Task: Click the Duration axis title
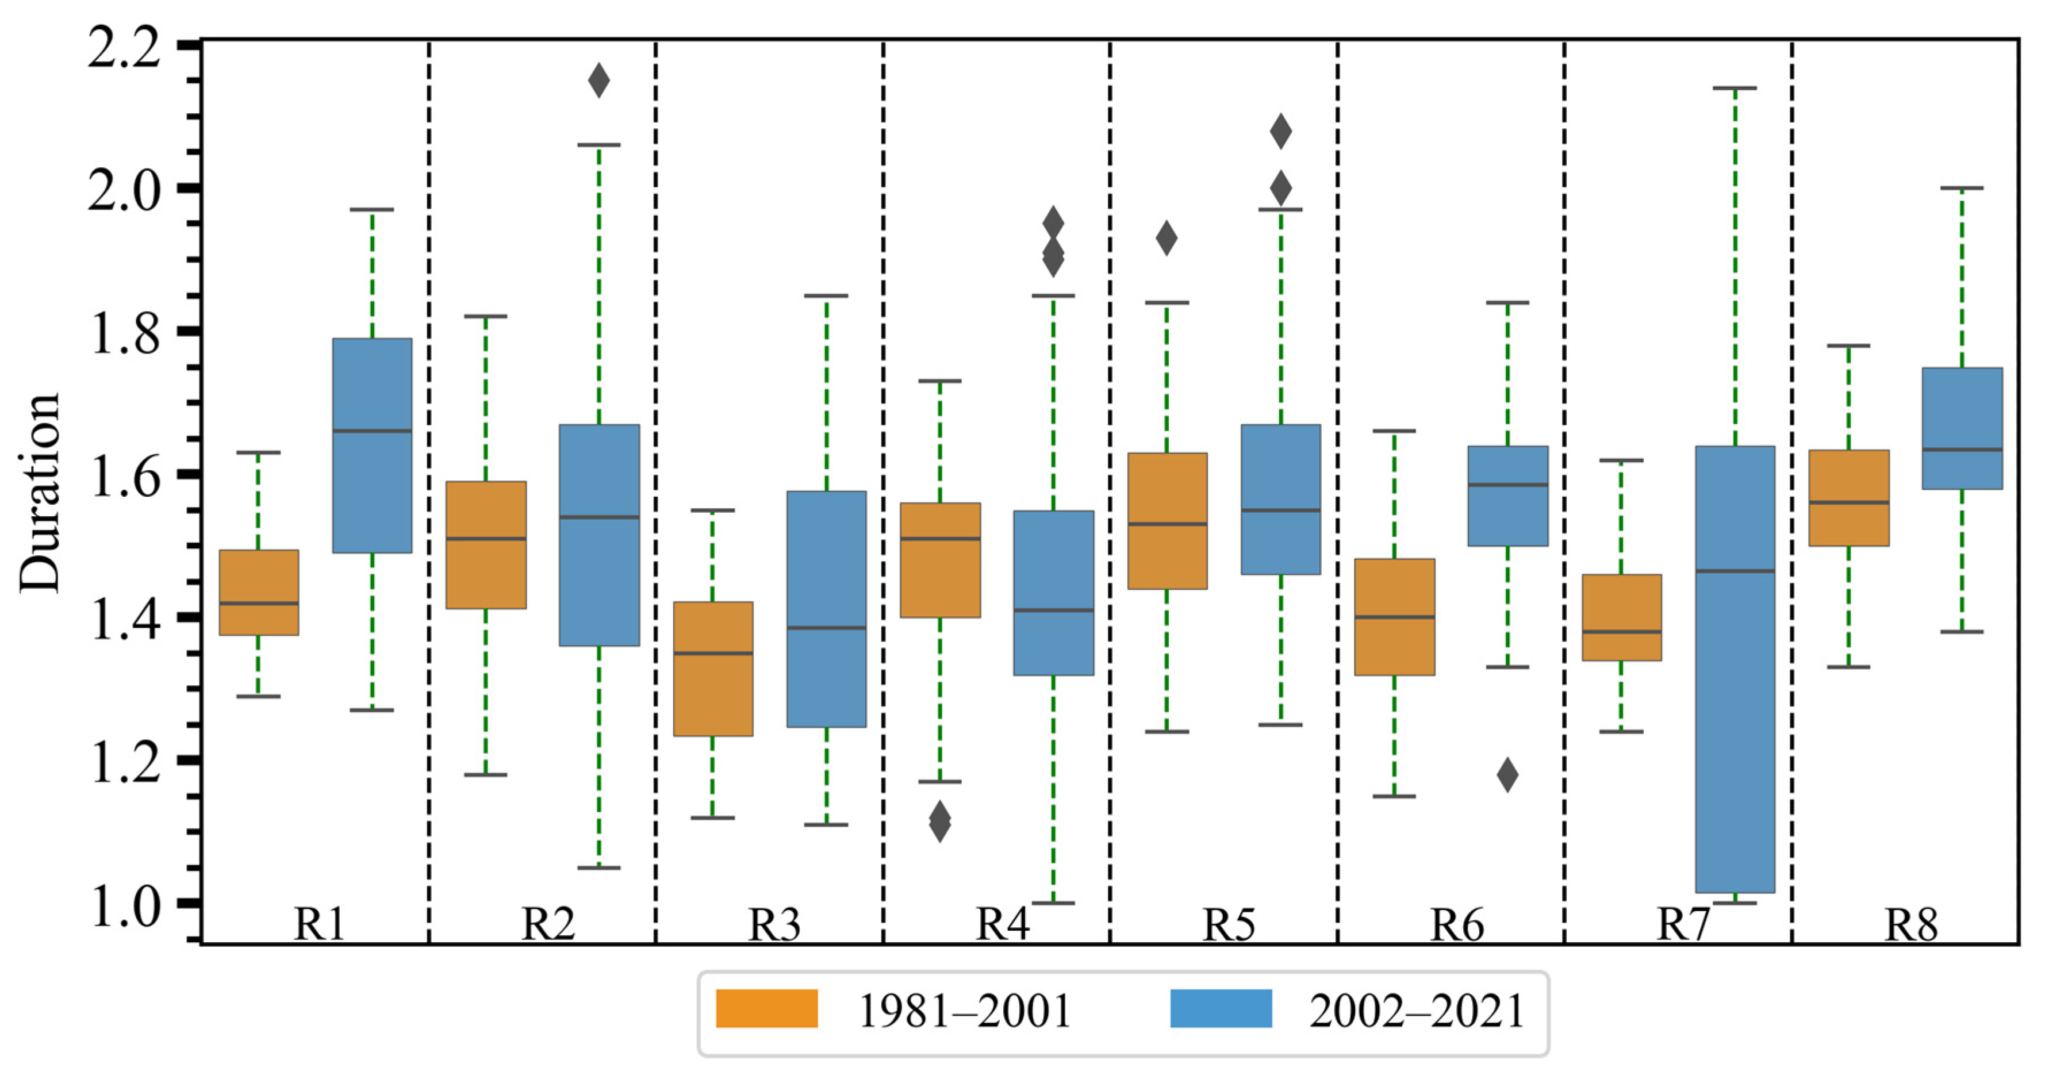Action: [40, 492]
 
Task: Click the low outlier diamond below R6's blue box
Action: [1507, 775]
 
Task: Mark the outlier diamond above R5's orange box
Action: [1166, 238]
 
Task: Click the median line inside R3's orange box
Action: [713, 654]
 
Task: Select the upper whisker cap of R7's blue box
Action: [1735, 88]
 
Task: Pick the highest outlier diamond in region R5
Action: [1280, 131]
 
